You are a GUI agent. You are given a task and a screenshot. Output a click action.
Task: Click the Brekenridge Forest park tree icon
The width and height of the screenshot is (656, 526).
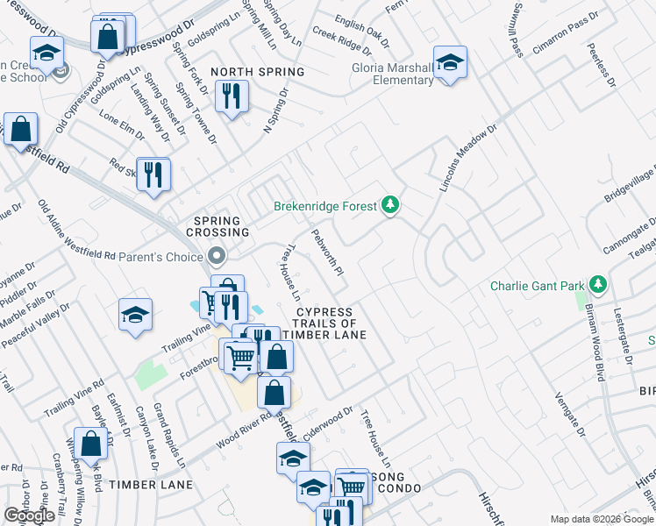coord(390,206)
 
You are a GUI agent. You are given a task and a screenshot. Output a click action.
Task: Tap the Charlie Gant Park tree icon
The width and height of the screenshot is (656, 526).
coord(598,285)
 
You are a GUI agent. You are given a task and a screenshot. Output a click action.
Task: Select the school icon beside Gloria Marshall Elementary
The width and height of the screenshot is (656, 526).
coord(450,62)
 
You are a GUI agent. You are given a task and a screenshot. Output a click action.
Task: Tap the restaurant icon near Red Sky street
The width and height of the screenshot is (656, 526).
coord(153,174)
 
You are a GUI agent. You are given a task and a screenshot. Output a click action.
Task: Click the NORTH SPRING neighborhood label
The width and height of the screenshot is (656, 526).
coord(257,72)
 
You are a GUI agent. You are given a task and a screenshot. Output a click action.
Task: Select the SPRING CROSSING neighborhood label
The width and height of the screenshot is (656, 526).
coord(218,225)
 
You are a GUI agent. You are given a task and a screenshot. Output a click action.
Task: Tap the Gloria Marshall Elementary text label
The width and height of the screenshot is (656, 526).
coord(393,74)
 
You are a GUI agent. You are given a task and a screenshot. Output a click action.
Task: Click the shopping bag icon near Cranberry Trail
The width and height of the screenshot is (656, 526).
coord(90,444)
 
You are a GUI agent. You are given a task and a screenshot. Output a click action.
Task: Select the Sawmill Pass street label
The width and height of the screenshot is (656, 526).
coord(514,30)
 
